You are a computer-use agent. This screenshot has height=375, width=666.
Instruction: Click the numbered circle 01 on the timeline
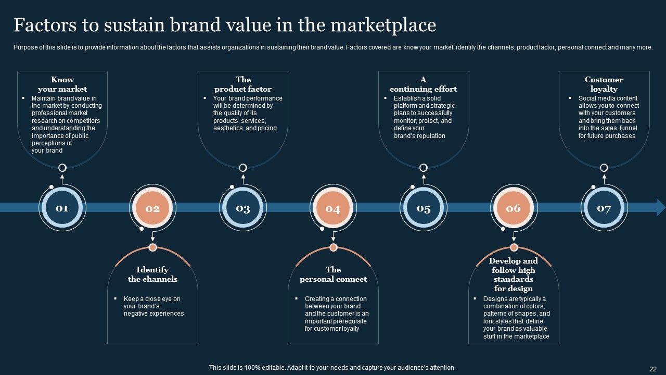click(x=62, y=208)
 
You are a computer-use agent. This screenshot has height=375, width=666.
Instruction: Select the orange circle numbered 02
click(x=152, y=208)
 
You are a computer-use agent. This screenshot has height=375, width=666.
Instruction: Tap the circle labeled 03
click(x=243, y=208)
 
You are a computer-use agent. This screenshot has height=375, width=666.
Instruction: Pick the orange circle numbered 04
click(x=333, y=208)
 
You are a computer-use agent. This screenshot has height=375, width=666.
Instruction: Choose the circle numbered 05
click(x=424, y=208)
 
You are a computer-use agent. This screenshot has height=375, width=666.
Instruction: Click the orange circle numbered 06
click(x=514, y=208)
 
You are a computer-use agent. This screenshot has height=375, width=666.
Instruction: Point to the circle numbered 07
click(x=604, y=208)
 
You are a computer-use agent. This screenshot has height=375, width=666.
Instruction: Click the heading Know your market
click(x=62, y=84)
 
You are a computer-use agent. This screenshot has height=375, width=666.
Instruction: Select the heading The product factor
click(x=243, y=84)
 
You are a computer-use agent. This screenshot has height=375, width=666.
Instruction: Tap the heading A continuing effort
click(x=423, y=84)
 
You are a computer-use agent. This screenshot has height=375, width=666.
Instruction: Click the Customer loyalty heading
click(x=604, y=84)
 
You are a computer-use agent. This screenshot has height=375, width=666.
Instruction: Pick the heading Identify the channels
click(x=152, y=274)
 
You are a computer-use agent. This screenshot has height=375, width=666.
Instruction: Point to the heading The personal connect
click(x=333, y=274)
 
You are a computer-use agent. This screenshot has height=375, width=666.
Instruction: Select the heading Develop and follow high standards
click(x=513, y=274)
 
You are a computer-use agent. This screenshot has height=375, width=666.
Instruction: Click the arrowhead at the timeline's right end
click(x=661, y=207)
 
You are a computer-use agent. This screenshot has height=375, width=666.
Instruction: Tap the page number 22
click(x=653, y=368)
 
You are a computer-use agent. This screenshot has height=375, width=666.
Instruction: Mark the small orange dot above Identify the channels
click(x=152, y=247)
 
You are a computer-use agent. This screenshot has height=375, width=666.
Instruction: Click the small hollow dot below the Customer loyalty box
click(x=604, y=168)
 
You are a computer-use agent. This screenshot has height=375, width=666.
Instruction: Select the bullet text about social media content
click(x=607, y=117)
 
